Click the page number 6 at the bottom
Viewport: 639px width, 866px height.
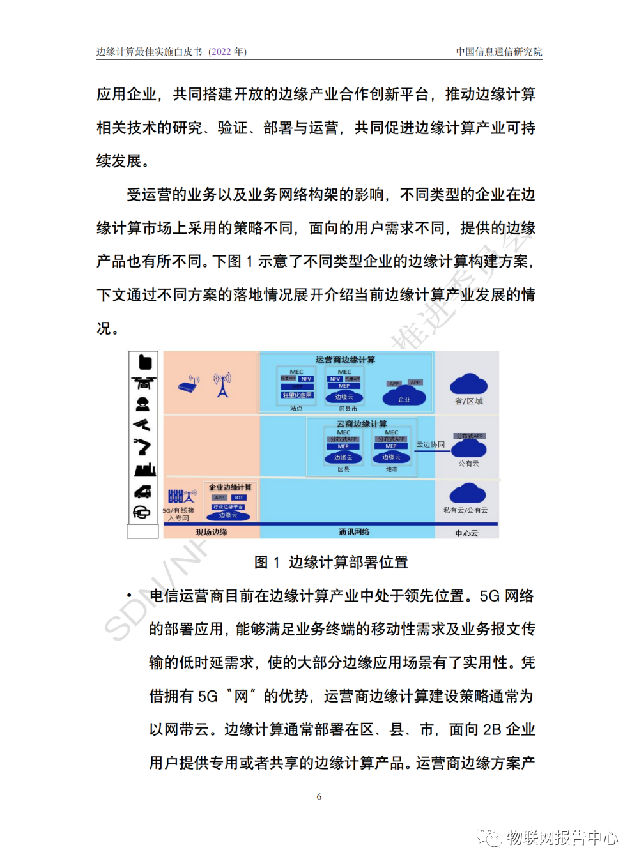[319, 796]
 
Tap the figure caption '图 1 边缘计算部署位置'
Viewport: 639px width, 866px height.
[331, 562]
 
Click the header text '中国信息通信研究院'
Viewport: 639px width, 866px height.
[498, 52]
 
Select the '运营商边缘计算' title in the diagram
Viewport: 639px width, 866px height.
[345, 360]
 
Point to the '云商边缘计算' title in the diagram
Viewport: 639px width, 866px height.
[362, 423]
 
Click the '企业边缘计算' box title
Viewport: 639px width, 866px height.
[230, 487]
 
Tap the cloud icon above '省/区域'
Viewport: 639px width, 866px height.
[468, 384]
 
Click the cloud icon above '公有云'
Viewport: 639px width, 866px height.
[468, 450]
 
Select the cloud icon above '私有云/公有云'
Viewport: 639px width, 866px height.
[468, 494]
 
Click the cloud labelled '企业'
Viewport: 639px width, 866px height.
[404, 397]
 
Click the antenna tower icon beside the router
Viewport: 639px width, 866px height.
[222, 385]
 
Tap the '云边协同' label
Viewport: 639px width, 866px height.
[431, 444]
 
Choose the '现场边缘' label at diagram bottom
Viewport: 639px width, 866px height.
[212, 532]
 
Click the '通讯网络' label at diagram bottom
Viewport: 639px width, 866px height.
[354, 532]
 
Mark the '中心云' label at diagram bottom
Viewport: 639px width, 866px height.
[466, 533]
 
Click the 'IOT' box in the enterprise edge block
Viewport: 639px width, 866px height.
[238, 498]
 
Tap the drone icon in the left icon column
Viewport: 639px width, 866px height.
[143, 383]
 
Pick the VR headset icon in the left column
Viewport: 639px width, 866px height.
[142, 512]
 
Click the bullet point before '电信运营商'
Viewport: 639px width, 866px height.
[129, 596]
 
